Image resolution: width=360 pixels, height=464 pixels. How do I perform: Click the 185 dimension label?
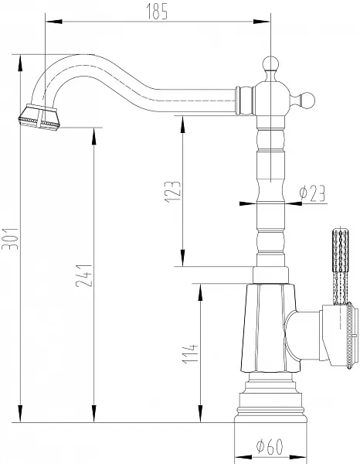(157, 12)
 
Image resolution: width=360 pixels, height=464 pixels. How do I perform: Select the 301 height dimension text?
(10, 239)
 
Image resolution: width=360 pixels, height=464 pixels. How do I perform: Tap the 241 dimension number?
(84, 275)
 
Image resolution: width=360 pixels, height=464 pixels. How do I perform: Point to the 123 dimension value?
(172, 192)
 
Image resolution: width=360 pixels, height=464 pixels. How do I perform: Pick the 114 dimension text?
(190, 353)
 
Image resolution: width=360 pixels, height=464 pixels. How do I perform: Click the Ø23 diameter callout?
(312, 193)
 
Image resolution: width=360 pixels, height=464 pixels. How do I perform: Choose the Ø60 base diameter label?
(270, 446)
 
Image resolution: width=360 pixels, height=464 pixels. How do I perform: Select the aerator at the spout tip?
(39, 118)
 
